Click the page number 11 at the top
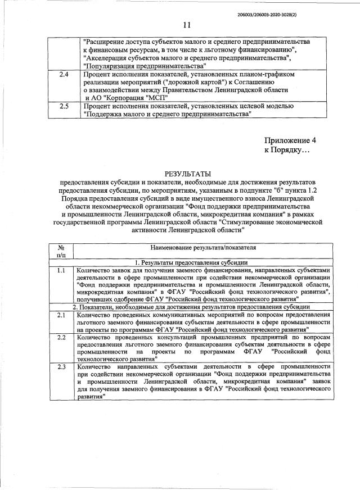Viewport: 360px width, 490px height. [187, 24]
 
